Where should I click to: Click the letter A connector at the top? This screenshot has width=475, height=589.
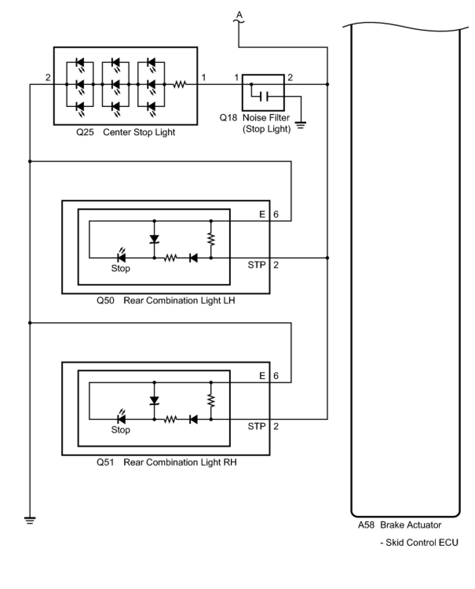[239, 16]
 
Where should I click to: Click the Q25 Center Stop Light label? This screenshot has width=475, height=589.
[126, 132]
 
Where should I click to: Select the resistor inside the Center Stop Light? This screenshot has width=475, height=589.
[179, 84]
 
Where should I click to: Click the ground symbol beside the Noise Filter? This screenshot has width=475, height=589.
[301, 126]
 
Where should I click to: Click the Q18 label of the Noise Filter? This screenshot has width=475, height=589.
[228, 118]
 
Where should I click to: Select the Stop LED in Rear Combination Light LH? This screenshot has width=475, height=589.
[121, 258]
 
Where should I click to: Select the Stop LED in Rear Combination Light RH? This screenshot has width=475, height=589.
[121, 420]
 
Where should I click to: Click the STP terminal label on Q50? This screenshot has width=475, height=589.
[257, 265]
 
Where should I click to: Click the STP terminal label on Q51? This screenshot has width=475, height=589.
[257, 426]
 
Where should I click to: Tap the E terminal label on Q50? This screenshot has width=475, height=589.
[262, 214]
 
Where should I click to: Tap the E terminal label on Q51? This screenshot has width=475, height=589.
[262, 376]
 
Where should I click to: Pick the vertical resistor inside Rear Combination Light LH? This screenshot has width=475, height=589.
[211, 239]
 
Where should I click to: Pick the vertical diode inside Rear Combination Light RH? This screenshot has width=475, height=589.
[154, 400]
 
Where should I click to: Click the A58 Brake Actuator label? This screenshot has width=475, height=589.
[399, 525]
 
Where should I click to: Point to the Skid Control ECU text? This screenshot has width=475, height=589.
[419, 543]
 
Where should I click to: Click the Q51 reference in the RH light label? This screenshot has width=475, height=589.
[105, 462]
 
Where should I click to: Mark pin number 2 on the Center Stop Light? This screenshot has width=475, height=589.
[48, 77]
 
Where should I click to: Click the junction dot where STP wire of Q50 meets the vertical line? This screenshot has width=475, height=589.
[327, 258]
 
